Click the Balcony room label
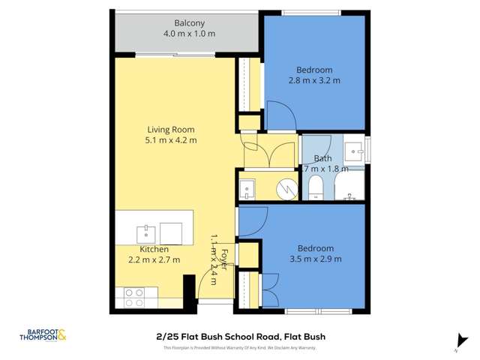click(187, 22)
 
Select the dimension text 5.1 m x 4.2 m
click(171, 140)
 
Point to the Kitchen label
click(154, 249)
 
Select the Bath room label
click(322, 158)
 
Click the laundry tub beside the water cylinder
click(248, 188)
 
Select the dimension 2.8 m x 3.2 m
click(314, 80)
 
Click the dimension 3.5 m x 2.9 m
click(315, 259)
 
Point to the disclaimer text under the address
click(239, 347)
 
